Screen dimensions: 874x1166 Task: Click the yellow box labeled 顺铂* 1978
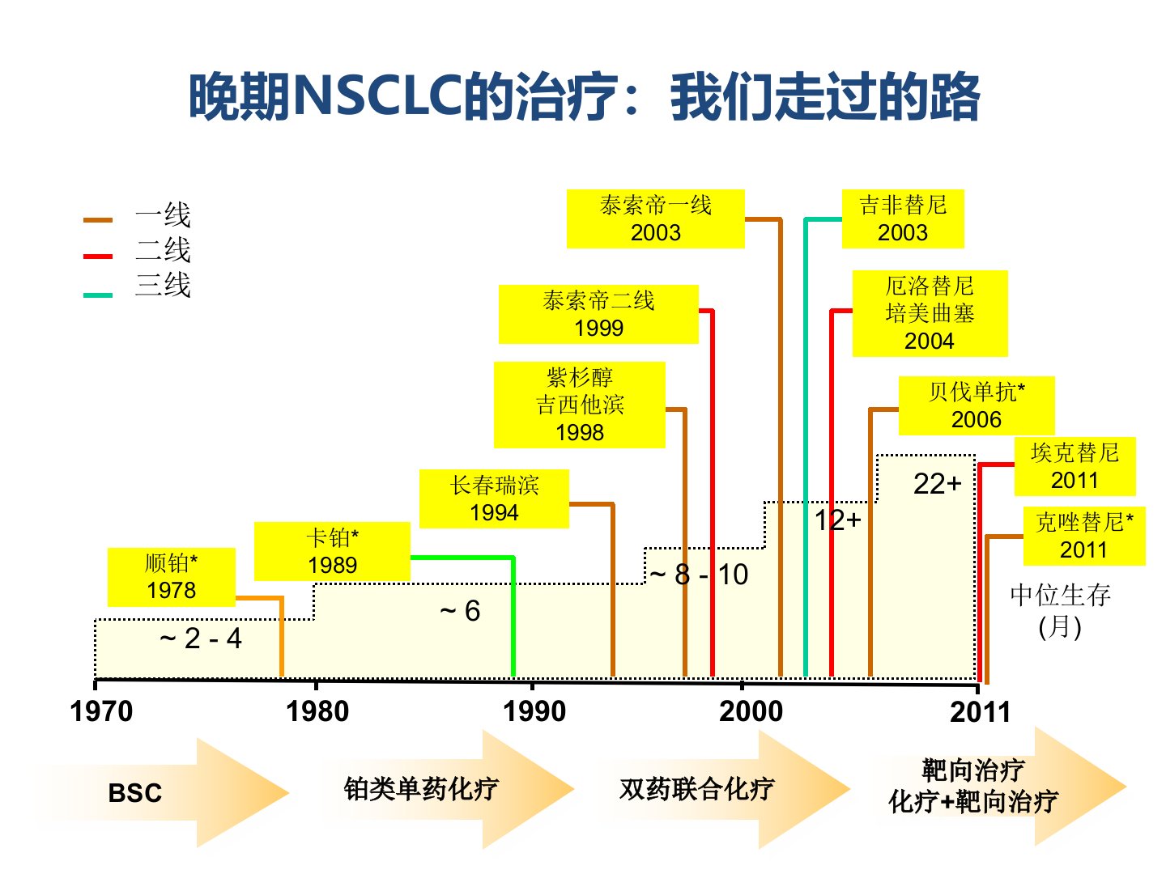[171, 577]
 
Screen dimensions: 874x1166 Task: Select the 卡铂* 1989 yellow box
[332, 551]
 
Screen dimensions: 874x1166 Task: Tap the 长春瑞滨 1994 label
[494, 499]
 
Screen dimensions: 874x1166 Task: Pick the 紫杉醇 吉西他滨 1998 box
[579, 405]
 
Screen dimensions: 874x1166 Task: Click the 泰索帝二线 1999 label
[598, 314]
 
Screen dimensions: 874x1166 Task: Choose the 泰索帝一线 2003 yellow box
[655, 218]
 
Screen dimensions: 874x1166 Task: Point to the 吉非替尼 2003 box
[903, 218]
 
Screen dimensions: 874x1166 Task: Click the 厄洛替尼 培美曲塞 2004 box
[930, 313]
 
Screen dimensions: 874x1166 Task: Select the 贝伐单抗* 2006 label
[977, 405]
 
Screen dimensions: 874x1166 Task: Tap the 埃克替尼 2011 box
[1075, 466]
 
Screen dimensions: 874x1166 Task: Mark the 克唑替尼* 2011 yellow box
[1084, 536]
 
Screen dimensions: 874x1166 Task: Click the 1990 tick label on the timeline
[534, 711]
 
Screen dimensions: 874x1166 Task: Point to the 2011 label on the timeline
[980, 712]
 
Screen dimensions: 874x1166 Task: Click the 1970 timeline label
[101, 711]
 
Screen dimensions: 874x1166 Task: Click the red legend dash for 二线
[98, 257]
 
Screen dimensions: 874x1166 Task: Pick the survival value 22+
[937, 484]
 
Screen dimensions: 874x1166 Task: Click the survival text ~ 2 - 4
[201, 639]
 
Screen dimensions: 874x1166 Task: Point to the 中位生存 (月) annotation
[1060, 610]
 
